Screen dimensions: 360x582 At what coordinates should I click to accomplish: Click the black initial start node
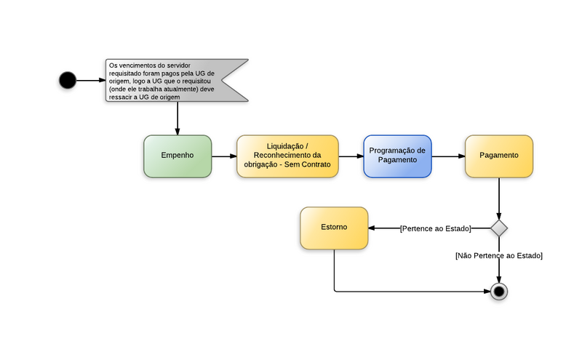point(68,80)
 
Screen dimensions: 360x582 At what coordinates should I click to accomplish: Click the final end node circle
point(498,292)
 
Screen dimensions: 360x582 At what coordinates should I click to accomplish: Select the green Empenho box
point(178,156)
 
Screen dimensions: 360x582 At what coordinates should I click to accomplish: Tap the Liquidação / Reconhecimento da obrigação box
point(287,156)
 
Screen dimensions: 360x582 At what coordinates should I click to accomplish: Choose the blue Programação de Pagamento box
point(397,156)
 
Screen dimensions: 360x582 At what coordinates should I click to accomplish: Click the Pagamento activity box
point(499,156)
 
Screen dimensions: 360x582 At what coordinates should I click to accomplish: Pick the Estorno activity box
point(334,228)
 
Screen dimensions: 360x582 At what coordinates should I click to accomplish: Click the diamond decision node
point(498,228)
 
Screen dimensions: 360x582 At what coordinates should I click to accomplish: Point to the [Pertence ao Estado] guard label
point(435,228)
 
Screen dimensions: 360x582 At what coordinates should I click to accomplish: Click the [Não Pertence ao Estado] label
point(498,255)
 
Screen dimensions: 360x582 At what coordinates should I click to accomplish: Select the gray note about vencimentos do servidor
point(175,80)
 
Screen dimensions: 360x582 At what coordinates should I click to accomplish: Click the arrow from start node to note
point(89,80)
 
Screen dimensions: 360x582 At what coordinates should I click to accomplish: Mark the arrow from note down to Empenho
point(178,118)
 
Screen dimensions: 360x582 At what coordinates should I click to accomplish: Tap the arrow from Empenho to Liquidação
point(224,156)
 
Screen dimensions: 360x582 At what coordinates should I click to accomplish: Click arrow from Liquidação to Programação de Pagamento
point(351,156)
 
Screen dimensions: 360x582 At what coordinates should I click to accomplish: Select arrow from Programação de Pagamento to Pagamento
point(448,156)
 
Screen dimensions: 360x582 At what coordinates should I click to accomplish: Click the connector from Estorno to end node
point(407,292)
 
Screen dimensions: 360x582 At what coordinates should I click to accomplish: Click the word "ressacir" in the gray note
point(121,97)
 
